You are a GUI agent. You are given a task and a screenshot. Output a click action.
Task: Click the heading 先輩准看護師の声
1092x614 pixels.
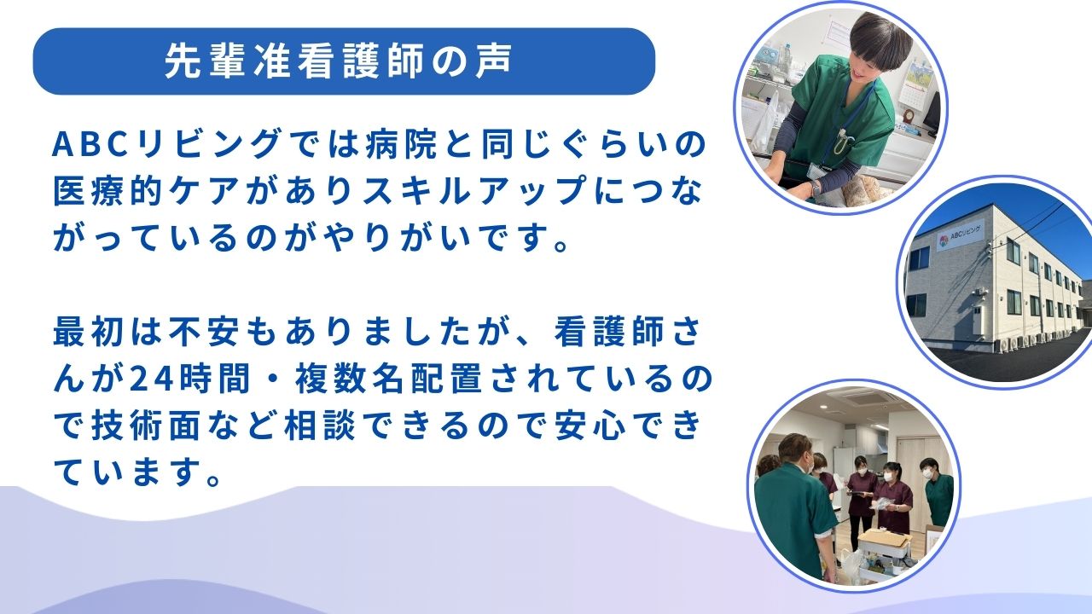point(339,61)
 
